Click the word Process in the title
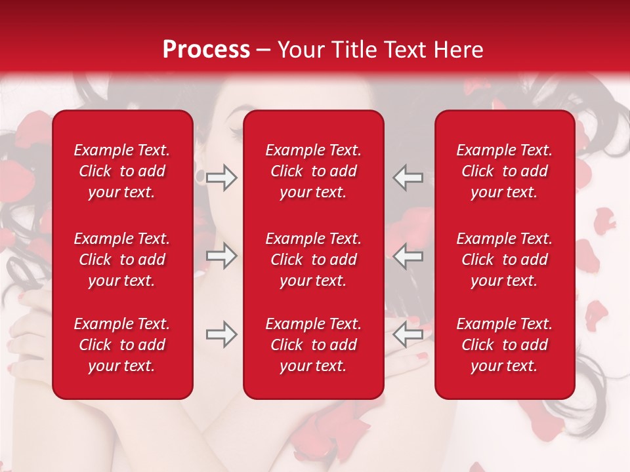[206, 50]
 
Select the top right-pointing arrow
[221, 177]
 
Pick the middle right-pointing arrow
[221, 256]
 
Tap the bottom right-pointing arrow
[221, 335]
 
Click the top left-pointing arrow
[408, 177]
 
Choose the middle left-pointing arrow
[408, 256]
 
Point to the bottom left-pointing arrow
[408, 335]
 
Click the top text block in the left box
[122, 171]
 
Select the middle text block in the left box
[122, 260]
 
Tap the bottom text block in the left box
[122, 345]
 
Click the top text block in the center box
[313, 171]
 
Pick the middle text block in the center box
[313, 260]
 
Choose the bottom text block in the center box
[313, 345]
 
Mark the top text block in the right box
[504, 171]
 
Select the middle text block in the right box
[504, 260]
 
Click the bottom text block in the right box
[504, 345]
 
